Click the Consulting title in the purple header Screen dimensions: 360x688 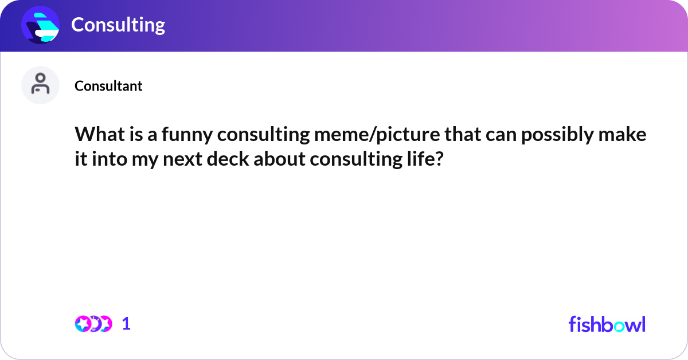tap(118, 25)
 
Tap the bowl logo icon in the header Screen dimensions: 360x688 tap(41, 25)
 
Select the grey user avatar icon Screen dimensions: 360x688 tap(40, 85)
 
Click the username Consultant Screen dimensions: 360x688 tap(108, 86)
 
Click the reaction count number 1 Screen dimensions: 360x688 tap(126, 324)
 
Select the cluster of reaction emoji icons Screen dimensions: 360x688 tap(93, 324)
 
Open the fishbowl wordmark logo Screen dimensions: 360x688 tap(607, 324)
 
